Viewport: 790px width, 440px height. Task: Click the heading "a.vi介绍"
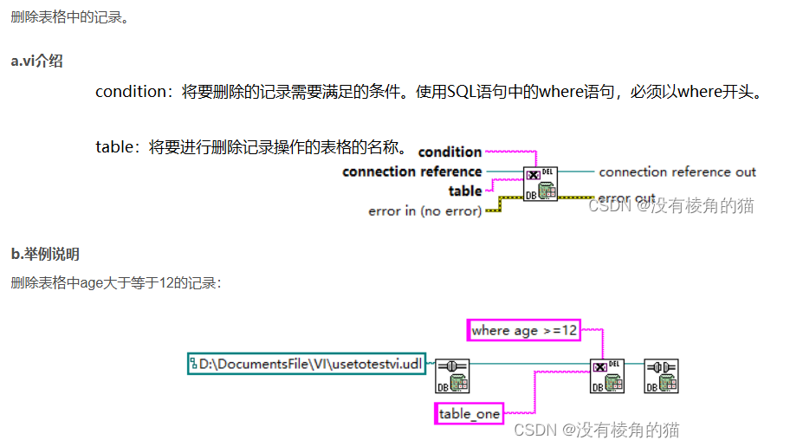coord(36,61)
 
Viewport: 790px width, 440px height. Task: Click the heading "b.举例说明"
coord(45,254)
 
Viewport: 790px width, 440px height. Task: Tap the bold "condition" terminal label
coord(450,152)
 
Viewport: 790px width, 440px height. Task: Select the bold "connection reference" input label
coord(411,171)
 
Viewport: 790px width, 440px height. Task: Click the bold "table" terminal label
coord(464,191)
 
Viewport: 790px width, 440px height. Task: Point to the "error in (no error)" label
coord(424,210)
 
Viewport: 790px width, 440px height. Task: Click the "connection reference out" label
coord(677,171)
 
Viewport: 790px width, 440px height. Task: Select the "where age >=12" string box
coord(524,330)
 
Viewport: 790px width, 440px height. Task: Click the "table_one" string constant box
coord(469,413)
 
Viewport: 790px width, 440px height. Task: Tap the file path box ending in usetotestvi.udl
coord(307,364)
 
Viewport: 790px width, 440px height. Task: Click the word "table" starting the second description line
coord(115,146)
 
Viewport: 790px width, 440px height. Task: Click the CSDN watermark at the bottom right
coord(597,430)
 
